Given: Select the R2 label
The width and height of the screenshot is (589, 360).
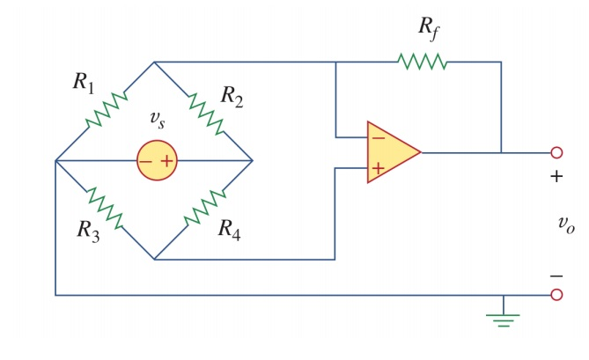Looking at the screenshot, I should click(232, 95).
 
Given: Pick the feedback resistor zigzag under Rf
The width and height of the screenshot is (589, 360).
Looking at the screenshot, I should click(423, 62).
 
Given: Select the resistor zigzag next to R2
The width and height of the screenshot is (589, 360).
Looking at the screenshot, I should click(203, 112).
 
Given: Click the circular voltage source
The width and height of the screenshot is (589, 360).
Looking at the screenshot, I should click(157, 161).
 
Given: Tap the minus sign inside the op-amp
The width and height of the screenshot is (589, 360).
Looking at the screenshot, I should click(377, 137).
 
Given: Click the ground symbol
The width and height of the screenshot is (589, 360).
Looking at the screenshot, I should click(503, 318).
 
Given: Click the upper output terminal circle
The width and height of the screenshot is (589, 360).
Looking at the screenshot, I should click(556, 152).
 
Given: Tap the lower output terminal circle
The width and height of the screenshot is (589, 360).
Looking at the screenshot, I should click(556, 295).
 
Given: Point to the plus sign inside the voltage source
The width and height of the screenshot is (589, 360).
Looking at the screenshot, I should click(166, 161).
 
